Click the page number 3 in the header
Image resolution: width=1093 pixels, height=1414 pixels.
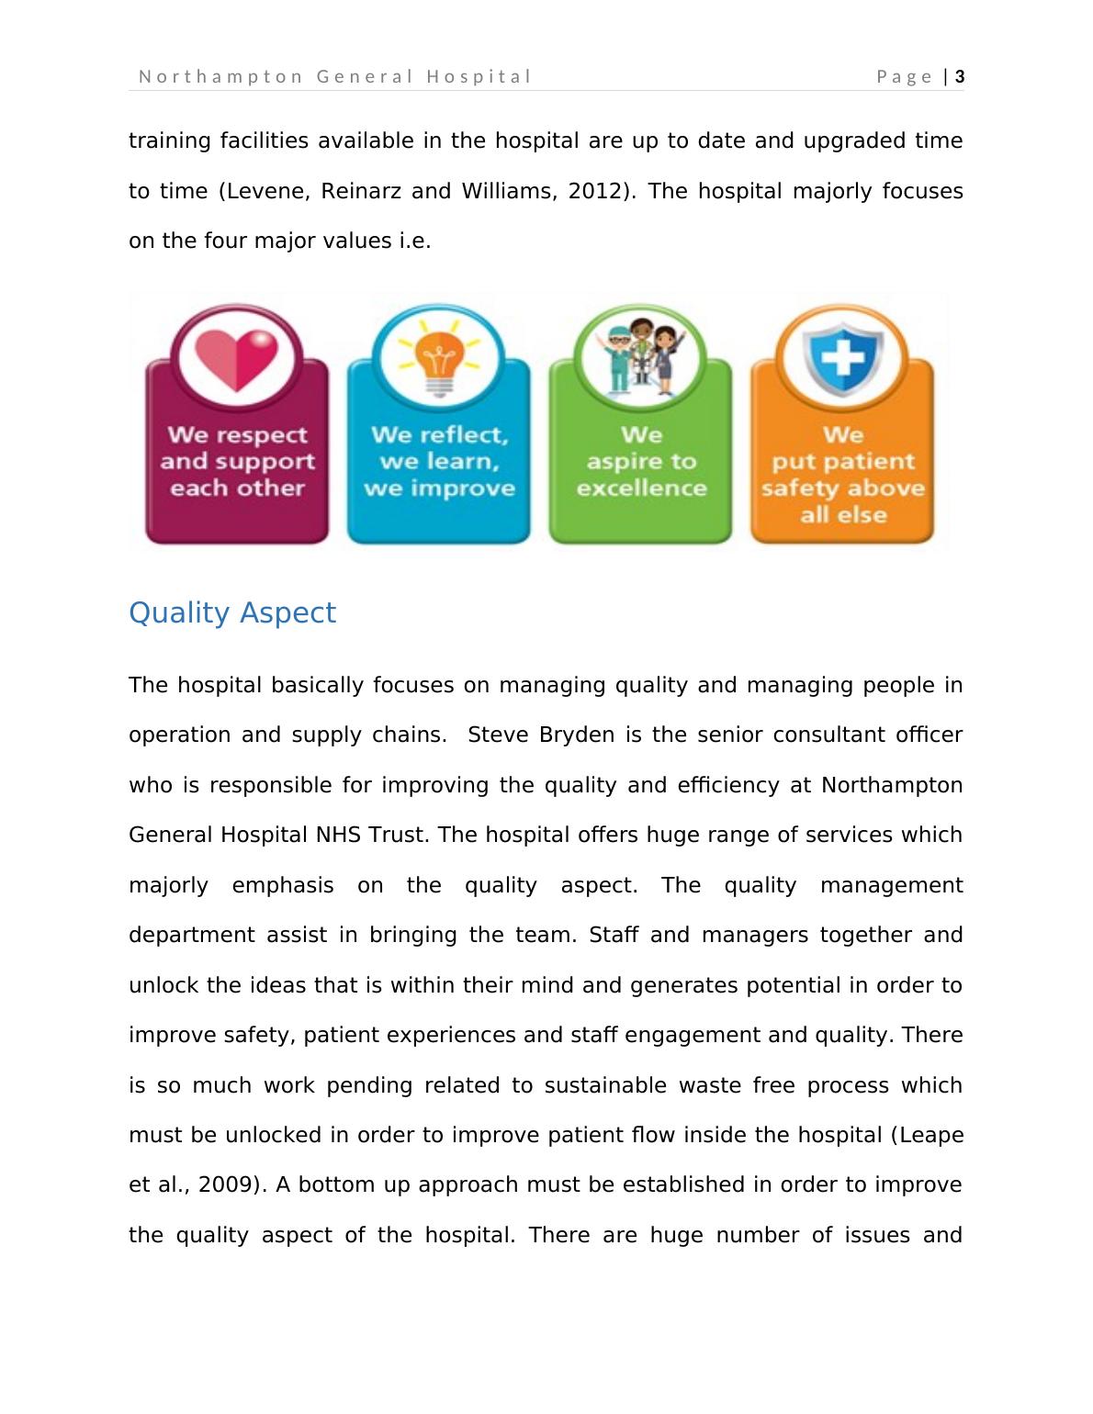pyautogui.click(x=960, y=77)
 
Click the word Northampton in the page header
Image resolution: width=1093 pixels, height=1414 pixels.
pyautogui.click(x=220, y=77)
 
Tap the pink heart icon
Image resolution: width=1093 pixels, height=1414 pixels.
pyautogui.click(x=237, y=357)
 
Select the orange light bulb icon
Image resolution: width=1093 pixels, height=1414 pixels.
pyautogui.click(x=439, y=358)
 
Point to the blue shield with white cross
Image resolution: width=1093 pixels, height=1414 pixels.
pyautogui.click(x=842, y=358)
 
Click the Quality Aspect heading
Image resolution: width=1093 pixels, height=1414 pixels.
pyautogui.click(x=232, y=612)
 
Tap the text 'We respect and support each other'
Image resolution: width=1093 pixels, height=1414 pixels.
pyautogui.click(x=237, y=461)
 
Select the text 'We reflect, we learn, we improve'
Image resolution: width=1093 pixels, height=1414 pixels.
pyautogui.click(x=439, y=461)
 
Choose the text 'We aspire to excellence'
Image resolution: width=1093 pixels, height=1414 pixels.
pyautogui.click(x=641, y=461)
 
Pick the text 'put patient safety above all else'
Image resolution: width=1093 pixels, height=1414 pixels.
pyautogui.click(x=842, y=487)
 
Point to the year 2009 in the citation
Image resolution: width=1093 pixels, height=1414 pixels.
pyautogui.click(x=224, y=1184)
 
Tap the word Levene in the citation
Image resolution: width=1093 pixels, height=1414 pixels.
pyautogui.click(x=269, y=191)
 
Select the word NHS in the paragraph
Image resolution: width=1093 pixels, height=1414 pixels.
pyautogui.click(x=339, y=836)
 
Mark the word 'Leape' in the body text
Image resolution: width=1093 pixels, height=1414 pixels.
pyautogui.click(x=930, y=1135)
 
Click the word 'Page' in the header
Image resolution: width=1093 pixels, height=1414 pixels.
pyautogui.click(x=905, y=77)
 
